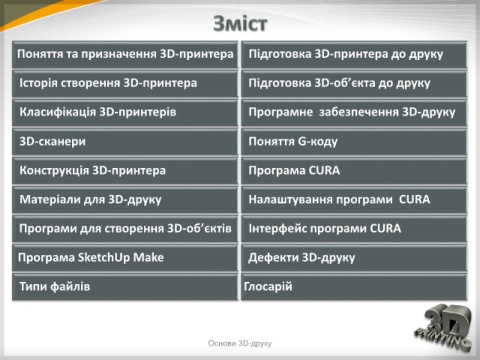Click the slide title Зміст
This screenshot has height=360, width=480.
point(240,24)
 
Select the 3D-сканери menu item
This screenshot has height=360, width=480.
point(125,142)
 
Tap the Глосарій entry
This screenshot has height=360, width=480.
point(354,287)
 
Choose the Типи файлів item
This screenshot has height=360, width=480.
point(125,287)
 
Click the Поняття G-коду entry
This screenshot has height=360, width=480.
point(354,142)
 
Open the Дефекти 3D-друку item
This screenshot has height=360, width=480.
point(354,258)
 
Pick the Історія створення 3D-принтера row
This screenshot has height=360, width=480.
point(125,84)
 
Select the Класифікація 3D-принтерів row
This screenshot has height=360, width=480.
point(125,113)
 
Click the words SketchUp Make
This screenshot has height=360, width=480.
point(121,258)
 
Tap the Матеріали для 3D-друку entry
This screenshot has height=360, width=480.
point(125,200)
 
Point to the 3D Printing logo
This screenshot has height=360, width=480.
point(444,328)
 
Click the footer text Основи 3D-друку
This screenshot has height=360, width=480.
point(240,343)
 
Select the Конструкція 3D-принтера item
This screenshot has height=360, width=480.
point(125,171)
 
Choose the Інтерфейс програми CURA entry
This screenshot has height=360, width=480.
point(354,229)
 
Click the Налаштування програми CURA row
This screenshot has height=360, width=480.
point(354,200)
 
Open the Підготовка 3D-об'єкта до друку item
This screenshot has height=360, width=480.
point(354,84)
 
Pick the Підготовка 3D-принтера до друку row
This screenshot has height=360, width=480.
point(354,55)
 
